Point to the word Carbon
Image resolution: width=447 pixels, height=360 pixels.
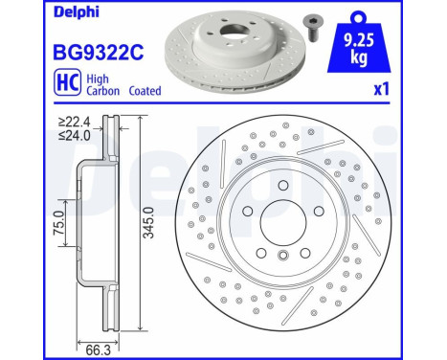(x=103, y=91)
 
